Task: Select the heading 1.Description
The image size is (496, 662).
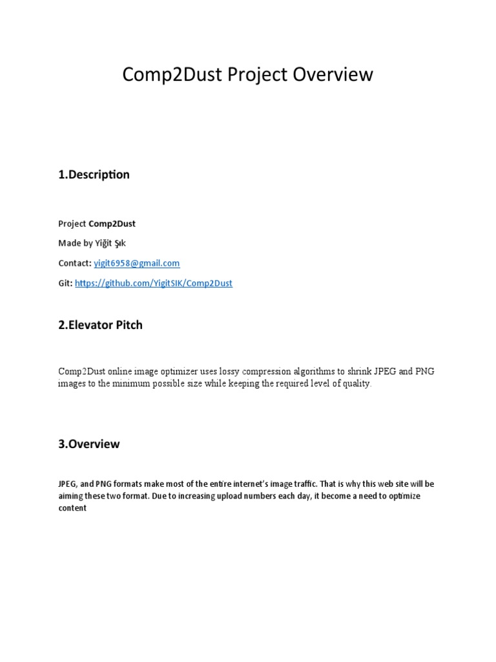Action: pos(94,175)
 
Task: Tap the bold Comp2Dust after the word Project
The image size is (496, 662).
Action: pos(112,224)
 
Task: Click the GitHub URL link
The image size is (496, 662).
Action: pos(154,283)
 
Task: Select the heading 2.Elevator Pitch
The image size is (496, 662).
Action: pos(100,325)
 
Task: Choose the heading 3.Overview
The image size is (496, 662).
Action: pos(88,444)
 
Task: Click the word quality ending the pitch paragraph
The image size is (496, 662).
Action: pos(355,383)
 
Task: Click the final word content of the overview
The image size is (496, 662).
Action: pos(72,508)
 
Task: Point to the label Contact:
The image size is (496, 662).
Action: pos(74,263)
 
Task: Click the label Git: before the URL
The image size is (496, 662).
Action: pos(65,283)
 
